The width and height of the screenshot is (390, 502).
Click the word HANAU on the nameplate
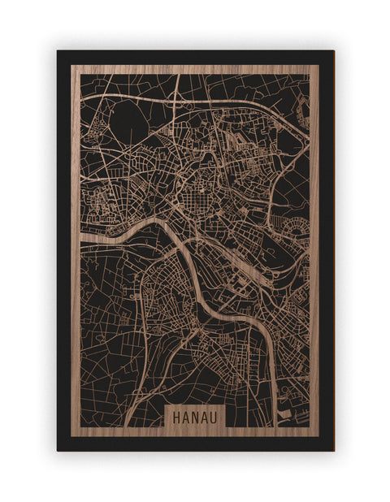[x=195, y=415]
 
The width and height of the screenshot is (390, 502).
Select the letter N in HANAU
[x=195, y=415]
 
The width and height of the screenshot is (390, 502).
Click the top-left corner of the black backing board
[x=58, y=51]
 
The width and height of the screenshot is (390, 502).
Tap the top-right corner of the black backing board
[x=333, y=51]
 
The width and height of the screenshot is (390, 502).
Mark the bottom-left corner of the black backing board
[x=58, y=450]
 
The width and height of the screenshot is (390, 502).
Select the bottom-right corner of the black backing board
[x=333, y=450]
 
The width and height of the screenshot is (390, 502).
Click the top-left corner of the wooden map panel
[x=71, y=66]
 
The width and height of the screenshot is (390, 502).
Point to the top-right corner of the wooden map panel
[x=318, y=66]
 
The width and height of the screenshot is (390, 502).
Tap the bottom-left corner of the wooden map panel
[x=71, y=436]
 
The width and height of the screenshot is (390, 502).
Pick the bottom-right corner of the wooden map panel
[x=318, y=436]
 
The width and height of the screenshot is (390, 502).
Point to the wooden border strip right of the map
[x=314, y=244]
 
